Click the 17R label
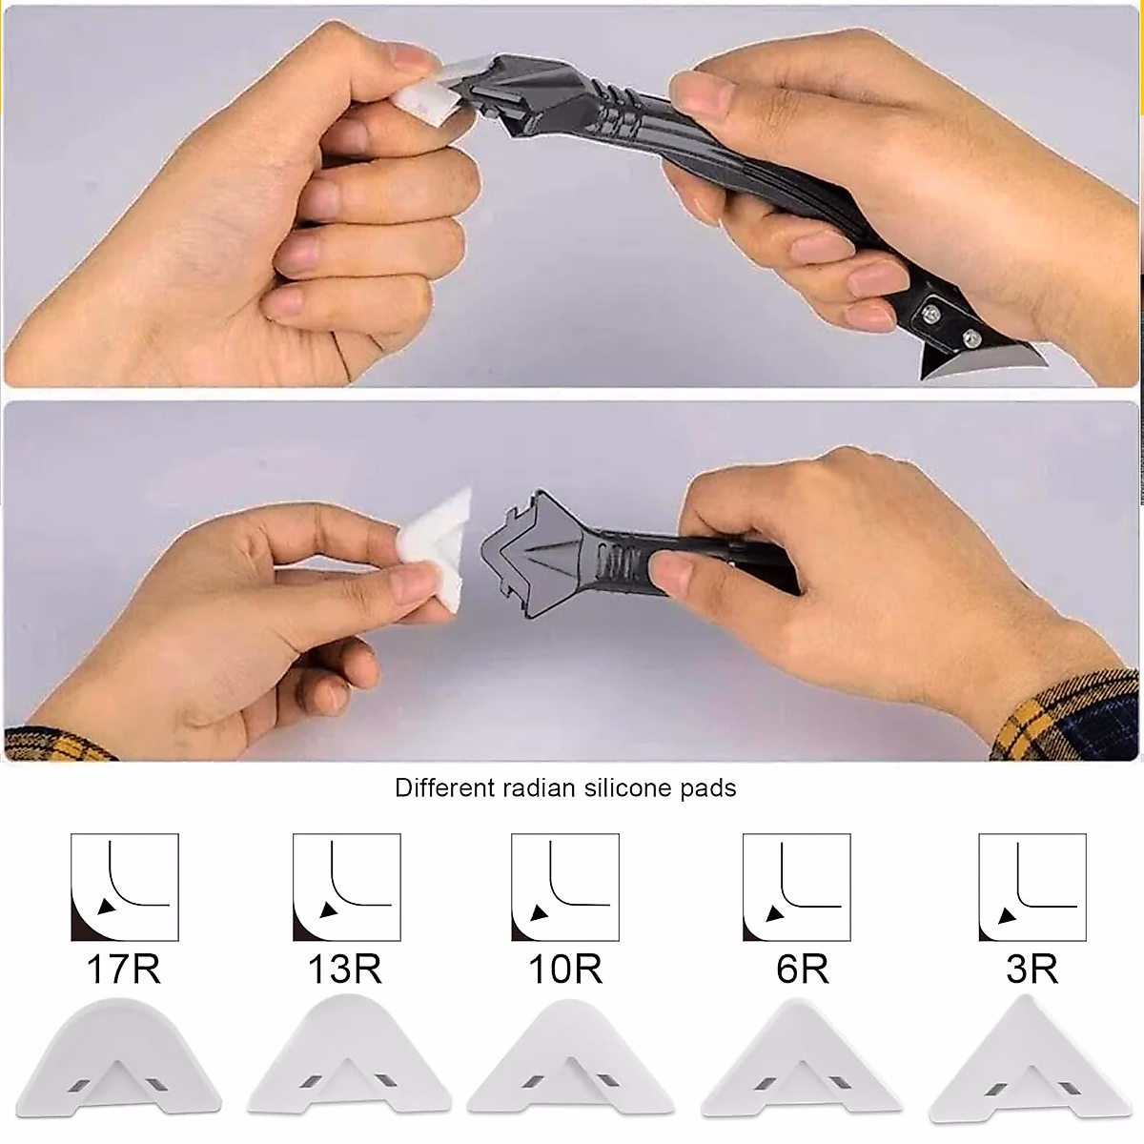pos(124,970)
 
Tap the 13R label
pos(345,970)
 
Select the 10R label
pos(565,970)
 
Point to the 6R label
pos(802,970)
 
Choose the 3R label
pos(1032,970)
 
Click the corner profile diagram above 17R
pos(125,888)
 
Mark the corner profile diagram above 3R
pos(1032,888)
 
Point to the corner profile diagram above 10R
pos(565,888)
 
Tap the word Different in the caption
pos(444,788)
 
